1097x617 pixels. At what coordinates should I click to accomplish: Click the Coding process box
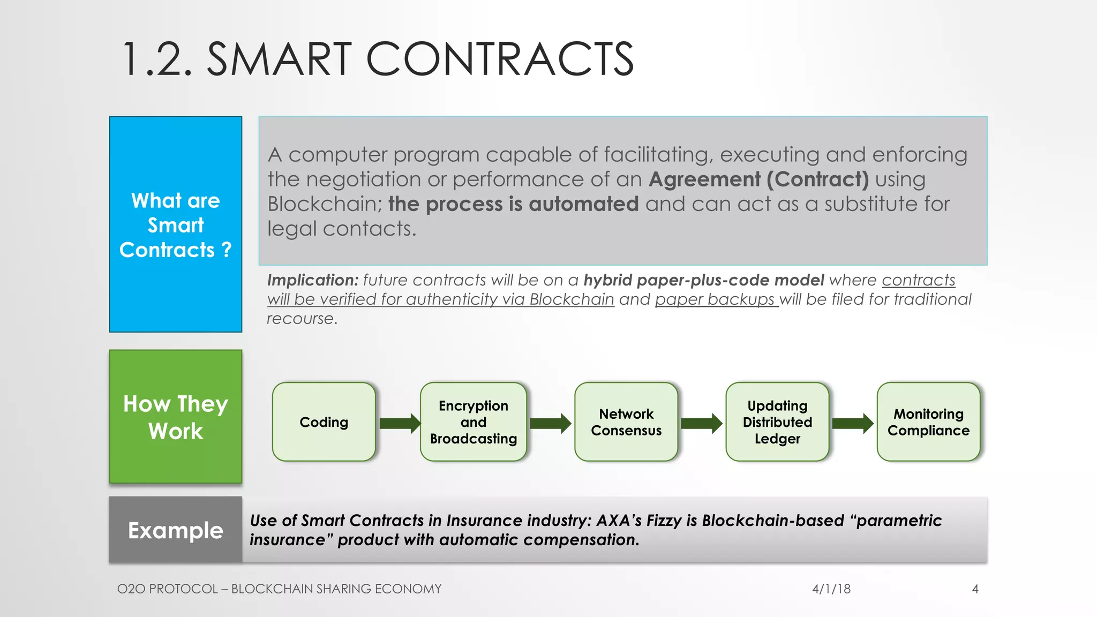[324, 422]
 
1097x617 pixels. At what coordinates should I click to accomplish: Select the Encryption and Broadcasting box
[474, 422]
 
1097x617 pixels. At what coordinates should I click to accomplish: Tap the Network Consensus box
[626, 422]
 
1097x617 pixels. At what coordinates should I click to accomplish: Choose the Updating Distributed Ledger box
[777, 422]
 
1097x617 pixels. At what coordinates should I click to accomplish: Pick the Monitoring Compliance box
[928, 422]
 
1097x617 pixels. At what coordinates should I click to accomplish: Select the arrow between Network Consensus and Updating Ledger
[701, 423]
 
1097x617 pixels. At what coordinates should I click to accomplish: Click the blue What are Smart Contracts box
[176, 224]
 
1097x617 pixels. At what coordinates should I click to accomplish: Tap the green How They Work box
[176, 417]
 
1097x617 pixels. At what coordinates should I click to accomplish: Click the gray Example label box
[176, 530]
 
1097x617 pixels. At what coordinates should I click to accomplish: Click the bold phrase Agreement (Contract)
[758, 179]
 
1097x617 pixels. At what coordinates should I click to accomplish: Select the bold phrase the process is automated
[513, 204]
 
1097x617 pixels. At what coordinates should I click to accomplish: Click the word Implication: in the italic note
[312, 280]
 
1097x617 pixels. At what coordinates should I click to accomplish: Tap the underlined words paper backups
[716, 299]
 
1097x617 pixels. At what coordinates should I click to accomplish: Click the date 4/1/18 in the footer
[831, 589]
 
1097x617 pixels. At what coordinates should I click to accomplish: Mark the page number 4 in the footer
[975, 589]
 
